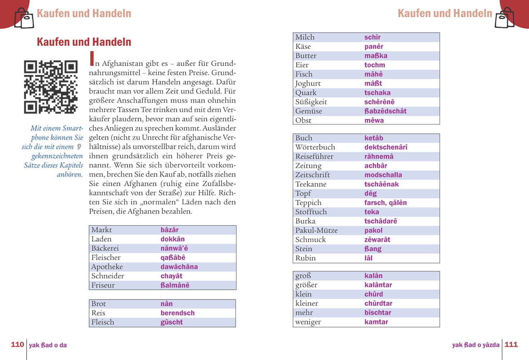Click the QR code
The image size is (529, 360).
(51, 87)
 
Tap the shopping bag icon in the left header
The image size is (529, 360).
(24, 18)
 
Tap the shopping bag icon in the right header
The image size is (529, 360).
(505, 18)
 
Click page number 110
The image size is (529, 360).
(17, 345)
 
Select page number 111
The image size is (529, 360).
(511, 345)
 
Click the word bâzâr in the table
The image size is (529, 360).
(169, 230)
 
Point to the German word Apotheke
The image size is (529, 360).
(107, 267)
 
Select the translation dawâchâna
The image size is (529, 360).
(179, 267)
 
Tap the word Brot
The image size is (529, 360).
(99, 304)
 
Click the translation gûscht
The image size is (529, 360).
(171, 322)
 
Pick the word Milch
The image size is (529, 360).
(305, 37)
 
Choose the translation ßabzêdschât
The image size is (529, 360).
(385, 111)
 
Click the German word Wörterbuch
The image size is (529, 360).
(315, 147)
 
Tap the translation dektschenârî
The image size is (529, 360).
(386, 147)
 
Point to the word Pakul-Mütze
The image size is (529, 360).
(316, 230)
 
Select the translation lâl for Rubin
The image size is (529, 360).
(368, 258)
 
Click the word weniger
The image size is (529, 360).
(308, 322)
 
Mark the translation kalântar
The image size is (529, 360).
(378, 285)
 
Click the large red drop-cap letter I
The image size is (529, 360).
(92, 59)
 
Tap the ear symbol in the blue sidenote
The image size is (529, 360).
(79, 147)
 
